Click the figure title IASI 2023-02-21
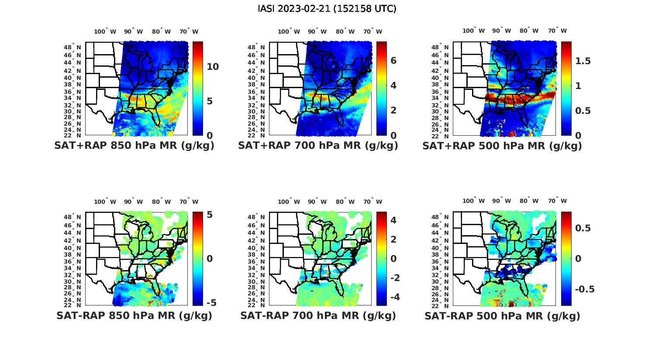point(327,9)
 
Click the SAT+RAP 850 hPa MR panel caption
point(134,146)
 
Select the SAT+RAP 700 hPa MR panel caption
point(318,146)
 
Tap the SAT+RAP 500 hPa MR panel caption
point(502,146)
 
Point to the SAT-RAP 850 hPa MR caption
point(134,315)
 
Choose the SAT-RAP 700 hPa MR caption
point(318,315)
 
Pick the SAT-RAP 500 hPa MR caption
point(502,315)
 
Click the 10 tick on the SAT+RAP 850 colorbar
point(213,67)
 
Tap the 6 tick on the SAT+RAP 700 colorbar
point(393,61)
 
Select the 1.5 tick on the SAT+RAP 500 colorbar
point(583,61)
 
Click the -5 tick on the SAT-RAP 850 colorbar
point(211,302)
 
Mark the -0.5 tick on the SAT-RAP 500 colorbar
point(585,289)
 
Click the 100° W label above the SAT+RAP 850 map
point(105,31)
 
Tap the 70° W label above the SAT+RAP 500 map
point(557,31)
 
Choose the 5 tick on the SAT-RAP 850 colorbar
point(210,215)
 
